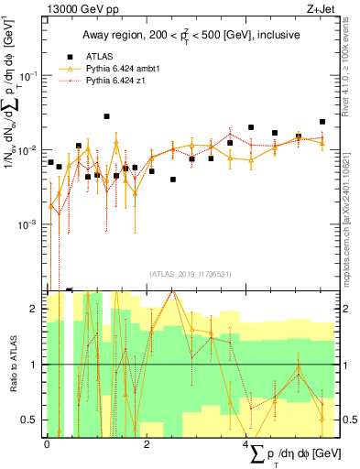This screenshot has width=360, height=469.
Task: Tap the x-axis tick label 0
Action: click(48, 443)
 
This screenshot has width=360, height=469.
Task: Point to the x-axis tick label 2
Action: click(147, 443)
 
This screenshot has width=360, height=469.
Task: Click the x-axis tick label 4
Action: click(246, 443)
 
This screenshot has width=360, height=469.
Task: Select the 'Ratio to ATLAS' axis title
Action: click(12, 365)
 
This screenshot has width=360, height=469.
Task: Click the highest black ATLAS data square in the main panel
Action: click(107, 116)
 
